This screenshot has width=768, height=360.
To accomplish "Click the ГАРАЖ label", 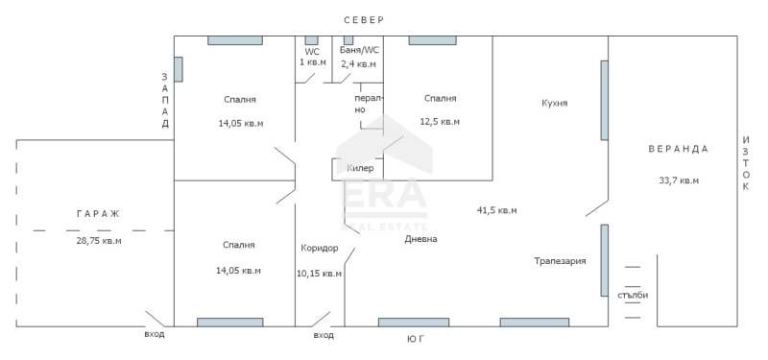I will coord(97,213).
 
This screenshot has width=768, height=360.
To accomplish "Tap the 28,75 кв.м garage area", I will coord(98,240).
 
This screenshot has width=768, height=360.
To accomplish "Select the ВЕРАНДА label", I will coord(678,149).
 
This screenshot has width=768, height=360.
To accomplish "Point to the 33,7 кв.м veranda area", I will coord(678,180).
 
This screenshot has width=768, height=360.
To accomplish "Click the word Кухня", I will coord(554,103).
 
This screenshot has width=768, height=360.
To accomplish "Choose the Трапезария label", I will coord(560,260).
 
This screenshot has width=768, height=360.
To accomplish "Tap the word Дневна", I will coord(420,239).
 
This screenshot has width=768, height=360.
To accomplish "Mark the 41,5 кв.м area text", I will coord(496,210).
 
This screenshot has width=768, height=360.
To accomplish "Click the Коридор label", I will coord(319,248).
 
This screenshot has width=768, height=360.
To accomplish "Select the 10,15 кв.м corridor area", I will coord(319,273).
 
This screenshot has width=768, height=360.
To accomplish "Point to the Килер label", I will coord(360,168).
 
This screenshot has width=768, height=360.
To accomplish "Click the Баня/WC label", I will coord(360,50).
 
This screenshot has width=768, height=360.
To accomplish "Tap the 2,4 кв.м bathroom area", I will coord(360,63).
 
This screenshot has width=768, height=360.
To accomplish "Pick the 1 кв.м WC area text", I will coord(312,62).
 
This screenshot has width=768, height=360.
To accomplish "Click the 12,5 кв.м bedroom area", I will coord(440,122).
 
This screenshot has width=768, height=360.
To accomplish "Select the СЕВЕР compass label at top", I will coord(365,20).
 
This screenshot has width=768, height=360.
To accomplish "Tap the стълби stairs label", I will coord(633,295).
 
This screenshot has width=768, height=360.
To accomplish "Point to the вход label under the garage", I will coord(155,334).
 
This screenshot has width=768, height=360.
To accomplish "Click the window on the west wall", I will coord(178,69).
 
